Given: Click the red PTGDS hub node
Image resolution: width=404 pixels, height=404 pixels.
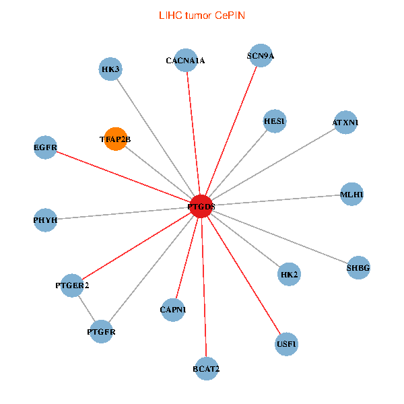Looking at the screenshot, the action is [x=201, y=206].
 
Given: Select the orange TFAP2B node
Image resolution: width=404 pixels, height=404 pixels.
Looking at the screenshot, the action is [x=116, y=139].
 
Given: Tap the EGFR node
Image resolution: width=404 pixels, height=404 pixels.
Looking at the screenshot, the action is [x=45, y=147].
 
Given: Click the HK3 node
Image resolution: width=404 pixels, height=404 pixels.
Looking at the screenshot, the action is [x=110, y=69].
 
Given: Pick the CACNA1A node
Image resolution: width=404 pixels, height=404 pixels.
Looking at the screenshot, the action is [x=185, y=60].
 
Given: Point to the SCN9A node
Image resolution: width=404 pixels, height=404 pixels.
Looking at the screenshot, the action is [x=261, y=56].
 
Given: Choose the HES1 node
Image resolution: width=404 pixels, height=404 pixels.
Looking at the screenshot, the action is [x=275, y=122].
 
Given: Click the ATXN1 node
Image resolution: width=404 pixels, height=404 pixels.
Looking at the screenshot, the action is [x=345, y=123].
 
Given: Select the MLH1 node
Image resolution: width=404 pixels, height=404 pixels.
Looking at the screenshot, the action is [x=351, y=195].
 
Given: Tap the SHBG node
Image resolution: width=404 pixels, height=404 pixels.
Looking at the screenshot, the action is [x=358, y=268].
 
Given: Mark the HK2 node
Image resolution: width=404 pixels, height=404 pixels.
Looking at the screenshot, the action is [x=289, y=274].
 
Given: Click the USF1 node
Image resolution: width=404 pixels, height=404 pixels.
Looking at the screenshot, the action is [x=286, y=344].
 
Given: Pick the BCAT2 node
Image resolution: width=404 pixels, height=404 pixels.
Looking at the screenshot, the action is [x=206, y=368].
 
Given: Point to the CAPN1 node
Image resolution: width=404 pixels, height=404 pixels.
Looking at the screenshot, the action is [x=173, y=310].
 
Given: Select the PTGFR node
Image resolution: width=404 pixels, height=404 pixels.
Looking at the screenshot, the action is [x=101, y=331].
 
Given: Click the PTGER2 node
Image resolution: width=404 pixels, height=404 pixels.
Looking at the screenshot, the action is [x=72, y=285].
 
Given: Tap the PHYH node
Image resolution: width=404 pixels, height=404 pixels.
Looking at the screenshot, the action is [x=45, y=220].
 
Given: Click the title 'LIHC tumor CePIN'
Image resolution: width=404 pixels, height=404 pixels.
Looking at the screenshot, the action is [x=201, y=15].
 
